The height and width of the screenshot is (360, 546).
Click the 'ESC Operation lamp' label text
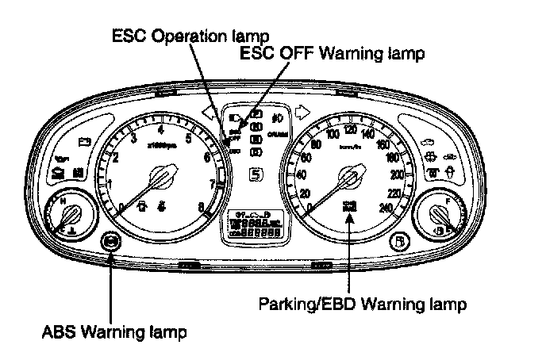190,36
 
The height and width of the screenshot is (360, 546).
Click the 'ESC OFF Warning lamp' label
333,54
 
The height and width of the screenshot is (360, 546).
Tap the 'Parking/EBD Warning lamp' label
363,304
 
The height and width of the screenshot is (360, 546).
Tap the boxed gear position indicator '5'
256,175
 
